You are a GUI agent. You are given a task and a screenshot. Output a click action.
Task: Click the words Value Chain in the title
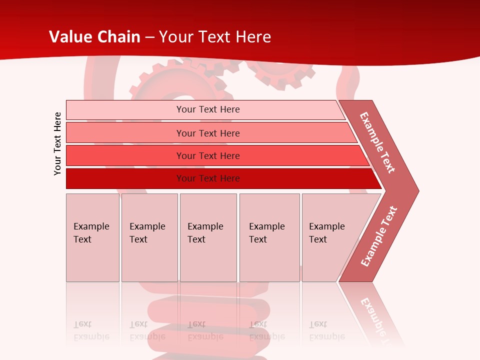pyautogui.click(x=94, y=37)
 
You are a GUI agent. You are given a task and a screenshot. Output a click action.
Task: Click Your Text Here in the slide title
pyautogui.click(x=215, y=37)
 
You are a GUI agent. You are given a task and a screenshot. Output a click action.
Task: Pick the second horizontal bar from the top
pyautogui.click(x=207, y=133)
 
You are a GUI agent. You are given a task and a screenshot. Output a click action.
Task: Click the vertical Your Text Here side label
pyautogui.click(x=57, y=143)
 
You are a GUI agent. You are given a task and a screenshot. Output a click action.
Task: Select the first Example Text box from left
pyautogui.click(x=92, y=237)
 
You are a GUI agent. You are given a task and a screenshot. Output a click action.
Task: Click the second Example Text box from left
pyautogui.click(x=149, y=237)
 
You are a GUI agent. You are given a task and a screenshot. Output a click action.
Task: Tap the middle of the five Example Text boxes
pyautogui.click(x=208, y=237)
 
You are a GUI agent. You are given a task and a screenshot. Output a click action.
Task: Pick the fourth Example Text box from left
pyautogui.click(x=269, y=237)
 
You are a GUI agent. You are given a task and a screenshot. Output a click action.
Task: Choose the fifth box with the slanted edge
pyautogui.click(x=330, y=237)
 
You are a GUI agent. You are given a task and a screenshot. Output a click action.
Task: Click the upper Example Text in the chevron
pyautogui.click(x=377, y=142)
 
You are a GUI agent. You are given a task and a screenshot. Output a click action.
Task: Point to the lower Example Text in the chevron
pyautogui.click(x=378, y=236)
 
